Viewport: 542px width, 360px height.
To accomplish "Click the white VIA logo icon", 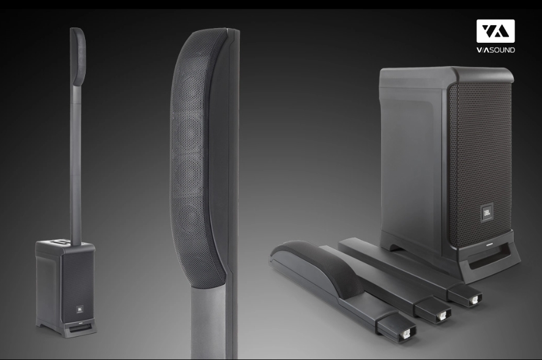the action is (496, 31).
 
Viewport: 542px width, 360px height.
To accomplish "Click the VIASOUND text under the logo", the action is (496, 50).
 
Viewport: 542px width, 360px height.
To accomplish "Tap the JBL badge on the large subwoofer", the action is (486, 213).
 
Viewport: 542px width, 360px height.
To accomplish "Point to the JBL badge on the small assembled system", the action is (79, 308).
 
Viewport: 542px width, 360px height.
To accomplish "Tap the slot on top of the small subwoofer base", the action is (63, 243).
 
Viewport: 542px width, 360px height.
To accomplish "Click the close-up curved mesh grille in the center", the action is (195, 155).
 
